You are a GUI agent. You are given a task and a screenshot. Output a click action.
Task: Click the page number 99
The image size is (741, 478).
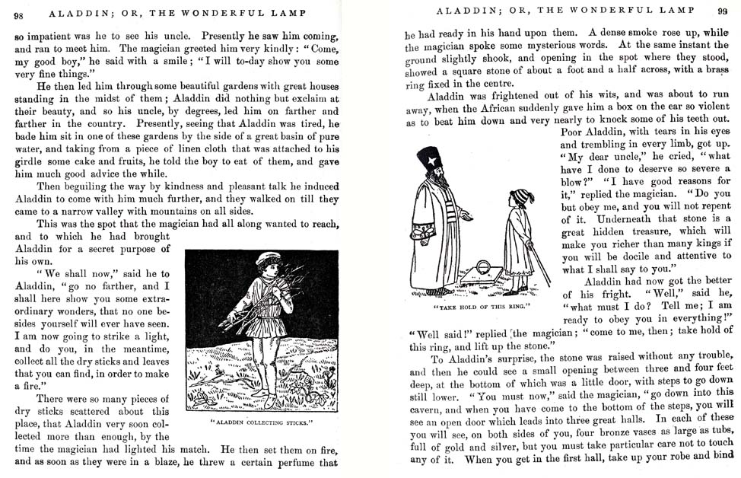pyautogui.click(x=722, y=11)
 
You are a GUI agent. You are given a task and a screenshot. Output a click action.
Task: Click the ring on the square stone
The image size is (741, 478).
pyautogui.click(x=482, y=267)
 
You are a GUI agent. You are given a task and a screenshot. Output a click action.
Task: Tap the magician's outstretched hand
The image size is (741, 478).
pyautogui.click(x=466, y=218)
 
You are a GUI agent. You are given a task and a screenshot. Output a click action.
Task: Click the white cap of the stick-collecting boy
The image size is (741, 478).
pyautogui.click(x=267, y=260)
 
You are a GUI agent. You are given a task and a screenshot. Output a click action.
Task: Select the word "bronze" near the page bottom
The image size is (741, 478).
pyautogui.click(x=605, y=431)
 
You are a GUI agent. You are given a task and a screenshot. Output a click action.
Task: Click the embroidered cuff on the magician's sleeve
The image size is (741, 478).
pyautogui.click(x=423, y=231)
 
